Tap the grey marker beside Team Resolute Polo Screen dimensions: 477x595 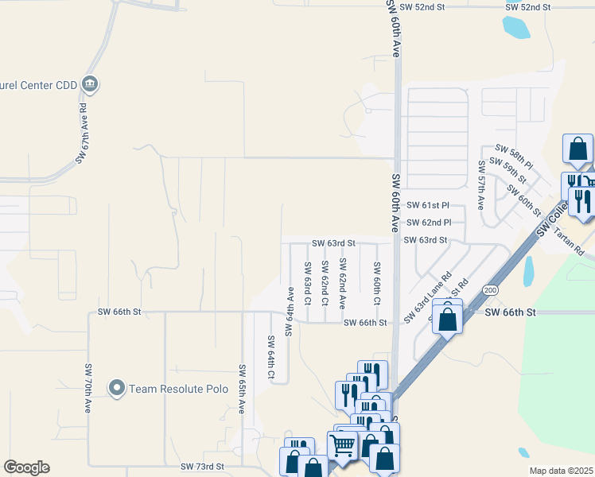pyautogui.click(x=118, y=388)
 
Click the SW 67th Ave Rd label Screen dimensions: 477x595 pyautogui.click(x=81, y=133)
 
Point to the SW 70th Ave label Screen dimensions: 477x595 pyautogui.click(x=88, y=388)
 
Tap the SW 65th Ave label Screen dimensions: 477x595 pyautogui.click(x=241, y=389)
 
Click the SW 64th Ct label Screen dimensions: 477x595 pyautogui.click(x=271, y=359)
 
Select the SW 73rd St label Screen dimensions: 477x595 pyautogui.click(x=202, y=466)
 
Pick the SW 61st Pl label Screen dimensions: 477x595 pyautogui.click(x=429, y=205)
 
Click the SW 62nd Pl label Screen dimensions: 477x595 pyautogui.click(x=429, y=223)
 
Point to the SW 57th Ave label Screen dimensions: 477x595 pyautogui.click(x=481, y=184)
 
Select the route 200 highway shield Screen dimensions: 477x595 pyautogui.click(x=490, y=289)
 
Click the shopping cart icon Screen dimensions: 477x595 pyautogui.click(x=343, y=445)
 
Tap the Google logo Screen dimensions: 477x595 pyautogui.click(x=26, y=467)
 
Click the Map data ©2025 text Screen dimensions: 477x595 pyautogui.click(x=560, y=471)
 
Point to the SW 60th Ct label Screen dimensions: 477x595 pyautogui.click(x=377, y=283)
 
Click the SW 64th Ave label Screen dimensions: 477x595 pyautogui.click(x=290, y=312)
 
